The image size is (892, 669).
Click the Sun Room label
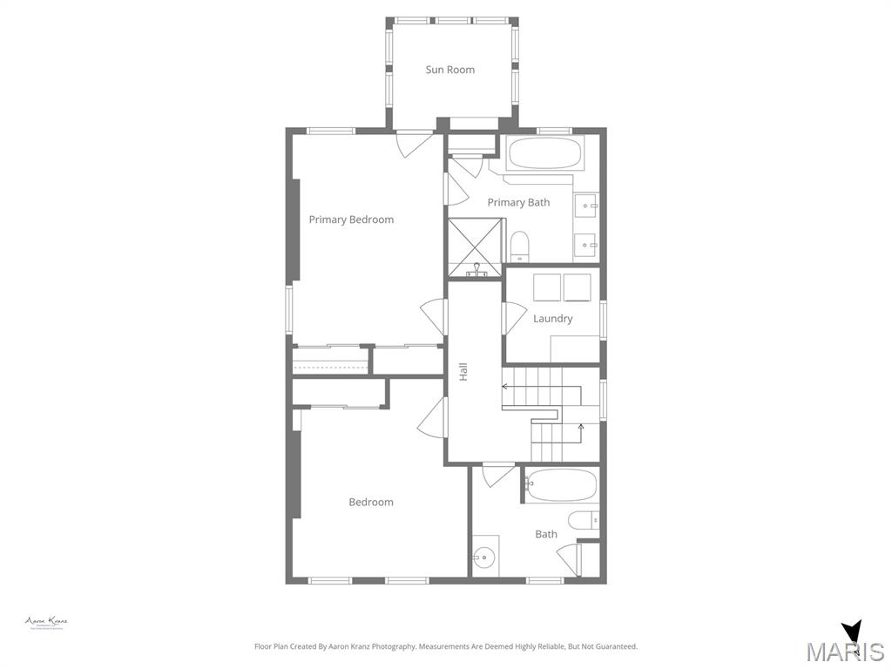[449, 70]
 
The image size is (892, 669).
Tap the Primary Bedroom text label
[351, 220]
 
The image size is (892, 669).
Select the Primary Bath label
[518, 202]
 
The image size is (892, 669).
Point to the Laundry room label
[552, 319]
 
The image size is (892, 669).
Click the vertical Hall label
[463, 371]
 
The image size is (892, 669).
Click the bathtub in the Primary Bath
[545, 154]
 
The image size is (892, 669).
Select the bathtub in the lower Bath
[562, 485]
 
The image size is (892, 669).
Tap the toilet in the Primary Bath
[520, 246]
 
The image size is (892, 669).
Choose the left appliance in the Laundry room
[547, 287]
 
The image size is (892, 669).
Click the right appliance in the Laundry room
[577, 287]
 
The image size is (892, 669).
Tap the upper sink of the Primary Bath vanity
[586, 206]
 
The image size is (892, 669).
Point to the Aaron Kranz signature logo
[46, 623]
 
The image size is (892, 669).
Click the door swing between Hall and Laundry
[513, 317]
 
